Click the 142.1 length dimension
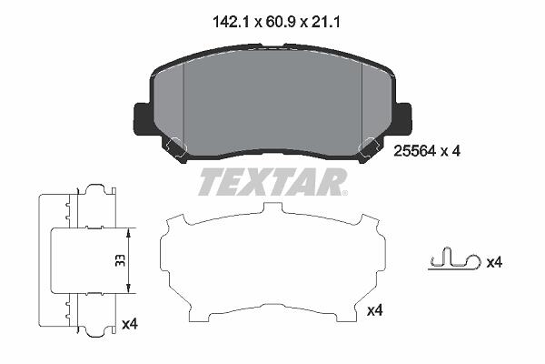click(232, 22)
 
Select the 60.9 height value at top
click(280, 22)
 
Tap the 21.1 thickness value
click(325, 22)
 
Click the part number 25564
click(415, 151)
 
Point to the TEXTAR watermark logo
click(272, 182)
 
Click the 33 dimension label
click(120, 260)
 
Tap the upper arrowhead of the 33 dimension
click(129, 233)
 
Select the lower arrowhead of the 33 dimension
click(129, 288)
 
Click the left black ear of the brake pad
click(143, 118)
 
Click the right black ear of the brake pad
click(402, 118)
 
